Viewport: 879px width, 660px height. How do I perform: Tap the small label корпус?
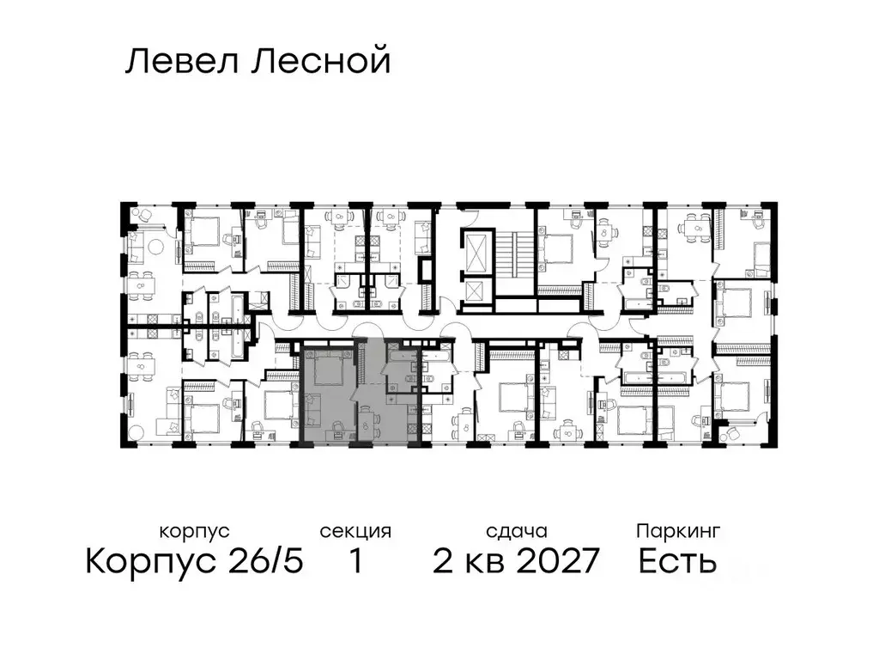pos(195,532)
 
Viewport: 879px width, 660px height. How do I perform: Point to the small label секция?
pos(355,532)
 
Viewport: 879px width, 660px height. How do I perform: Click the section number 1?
pos(355,562)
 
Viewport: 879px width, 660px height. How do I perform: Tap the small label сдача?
pos(515,532)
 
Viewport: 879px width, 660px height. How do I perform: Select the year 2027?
pos(550,562)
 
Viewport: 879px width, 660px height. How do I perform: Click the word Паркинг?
pos(678,532)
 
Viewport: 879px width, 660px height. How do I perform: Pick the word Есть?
pos(678,562)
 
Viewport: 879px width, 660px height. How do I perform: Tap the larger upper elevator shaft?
pos(475,248)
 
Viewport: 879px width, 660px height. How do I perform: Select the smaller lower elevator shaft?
pos(475,292)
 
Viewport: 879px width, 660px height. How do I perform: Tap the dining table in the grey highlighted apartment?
pos(367,423)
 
